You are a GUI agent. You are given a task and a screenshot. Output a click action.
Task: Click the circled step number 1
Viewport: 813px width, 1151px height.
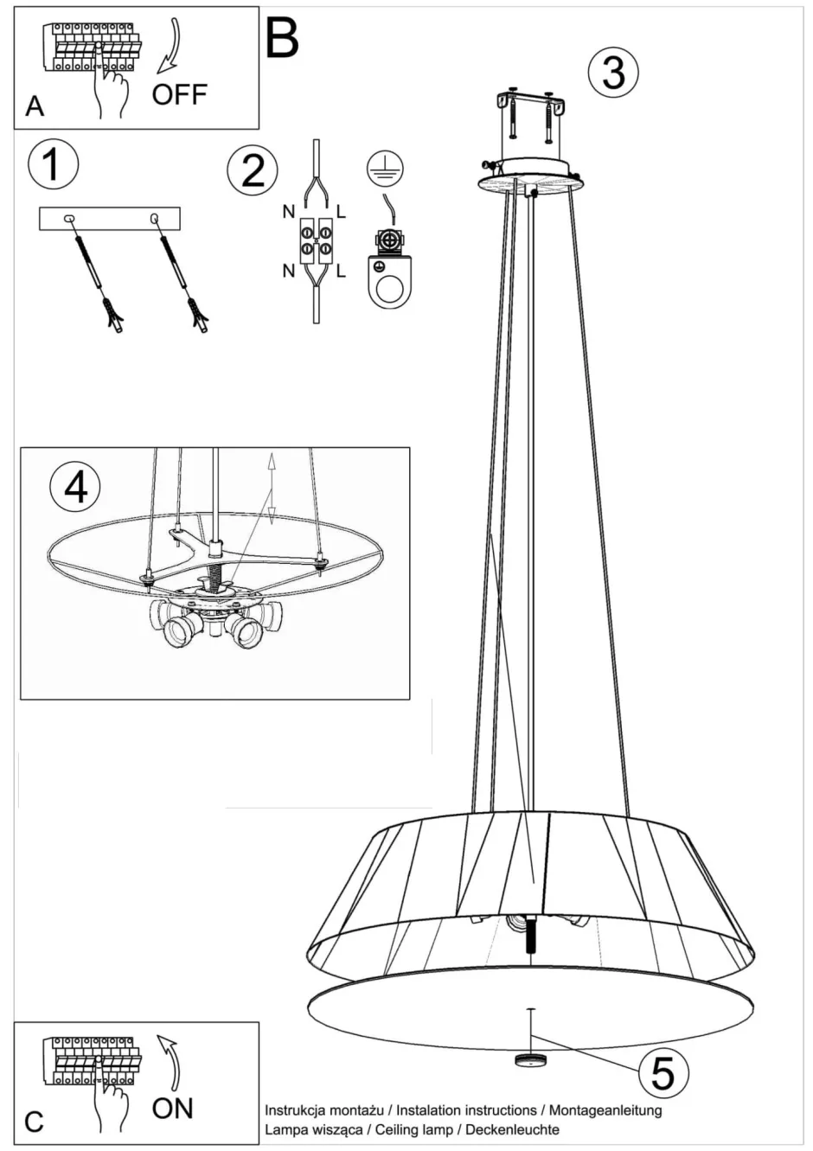(53, 164)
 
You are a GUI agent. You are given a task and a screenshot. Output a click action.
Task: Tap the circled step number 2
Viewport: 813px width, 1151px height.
(253, 169)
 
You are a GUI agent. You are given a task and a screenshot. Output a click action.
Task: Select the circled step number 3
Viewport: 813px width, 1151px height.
(613, 72)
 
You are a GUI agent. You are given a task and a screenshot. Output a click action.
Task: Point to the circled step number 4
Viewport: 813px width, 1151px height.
(75, 487)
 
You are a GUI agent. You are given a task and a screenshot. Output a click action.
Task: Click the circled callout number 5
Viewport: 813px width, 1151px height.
(663, 1072)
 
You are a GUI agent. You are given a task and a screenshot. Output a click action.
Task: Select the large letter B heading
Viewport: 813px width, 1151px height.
(282, 37)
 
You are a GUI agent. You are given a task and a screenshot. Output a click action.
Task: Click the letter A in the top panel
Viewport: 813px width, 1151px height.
(35, 106)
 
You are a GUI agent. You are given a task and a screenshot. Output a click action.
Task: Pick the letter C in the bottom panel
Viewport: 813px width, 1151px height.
(34, 1122)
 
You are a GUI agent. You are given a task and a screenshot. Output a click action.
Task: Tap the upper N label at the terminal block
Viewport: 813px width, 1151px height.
(287, 211)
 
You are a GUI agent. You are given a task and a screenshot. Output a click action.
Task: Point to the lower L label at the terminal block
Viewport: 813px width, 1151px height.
(341, 272)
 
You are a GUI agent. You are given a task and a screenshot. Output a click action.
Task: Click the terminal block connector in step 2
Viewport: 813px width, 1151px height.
(316, 241)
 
